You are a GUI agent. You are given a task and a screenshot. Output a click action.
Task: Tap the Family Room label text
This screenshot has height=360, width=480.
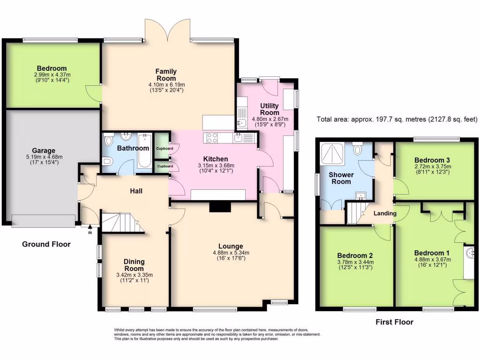tap(166, 75)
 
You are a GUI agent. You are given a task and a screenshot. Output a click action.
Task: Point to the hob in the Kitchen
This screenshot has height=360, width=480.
tap(212, 138)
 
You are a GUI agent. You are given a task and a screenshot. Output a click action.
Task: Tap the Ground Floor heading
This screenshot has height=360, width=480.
tap(46, 244)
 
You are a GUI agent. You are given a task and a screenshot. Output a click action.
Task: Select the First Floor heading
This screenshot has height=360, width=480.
tap(394, 322)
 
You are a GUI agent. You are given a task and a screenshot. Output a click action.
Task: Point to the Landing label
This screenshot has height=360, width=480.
tap(385, 213)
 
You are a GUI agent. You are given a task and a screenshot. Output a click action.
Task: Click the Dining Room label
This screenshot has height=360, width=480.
tap(134, 265)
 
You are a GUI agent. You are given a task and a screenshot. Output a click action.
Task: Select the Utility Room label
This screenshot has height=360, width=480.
tap(270, 109)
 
